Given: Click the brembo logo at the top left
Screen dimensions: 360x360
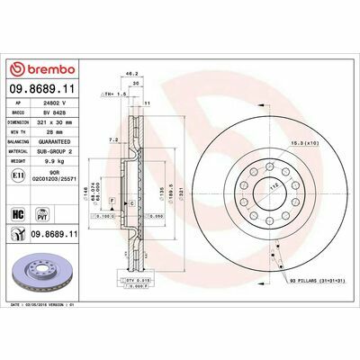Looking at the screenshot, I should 40,70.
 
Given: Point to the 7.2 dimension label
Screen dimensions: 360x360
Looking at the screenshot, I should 112,140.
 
